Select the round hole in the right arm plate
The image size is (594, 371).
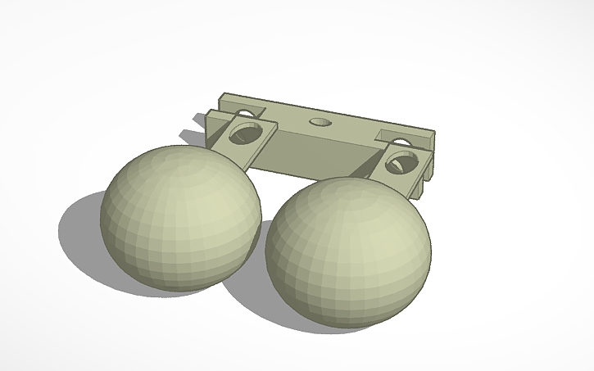398,161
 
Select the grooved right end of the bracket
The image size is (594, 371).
426,164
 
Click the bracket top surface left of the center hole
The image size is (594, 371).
287,116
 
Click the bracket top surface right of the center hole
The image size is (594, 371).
352,128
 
